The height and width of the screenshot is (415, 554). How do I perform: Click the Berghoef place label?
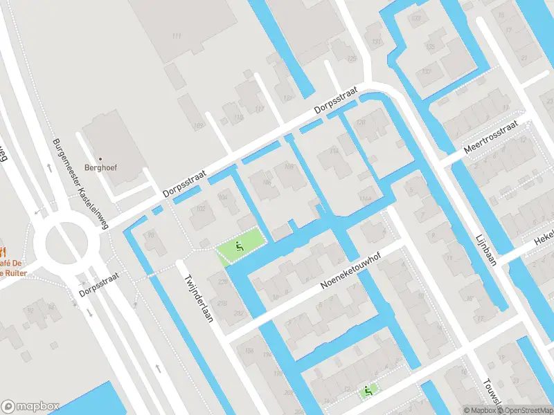click(x=99, y=167)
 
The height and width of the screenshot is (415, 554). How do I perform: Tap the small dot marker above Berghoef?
click(x=100, y=158)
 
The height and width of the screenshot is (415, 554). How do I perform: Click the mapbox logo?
click(x=30, y=407)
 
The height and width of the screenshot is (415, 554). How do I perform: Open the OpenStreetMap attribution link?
click(x=524, y=410)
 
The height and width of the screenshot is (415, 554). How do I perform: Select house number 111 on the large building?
click(x=176, y=35)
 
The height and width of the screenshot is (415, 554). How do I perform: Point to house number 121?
click(x=288, y=98)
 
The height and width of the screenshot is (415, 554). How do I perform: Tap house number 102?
click(x=202, y=208)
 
